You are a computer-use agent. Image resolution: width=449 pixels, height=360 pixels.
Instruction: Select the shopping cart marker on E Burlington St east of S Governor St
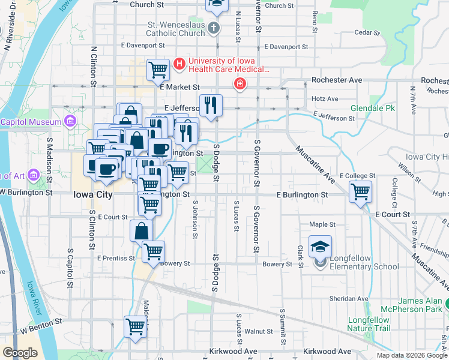coord(360,193)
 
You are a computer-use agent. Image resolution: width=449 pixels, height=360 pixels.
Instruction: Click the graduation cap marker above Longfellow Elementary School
coord(321,246)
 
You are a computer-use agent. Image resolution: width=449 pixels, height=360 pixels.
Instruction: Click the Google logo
coord(19,353)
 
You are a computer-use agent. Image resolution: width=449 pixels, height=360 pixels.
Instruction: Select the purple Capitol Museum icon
coord(70,122)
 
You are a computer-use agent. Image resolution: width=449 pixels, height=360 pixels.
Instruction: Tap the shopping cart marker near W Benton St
coord(135,327)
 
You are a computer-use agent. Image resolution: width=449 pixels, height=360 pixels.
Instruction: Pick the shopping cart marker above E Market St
coord(158,70)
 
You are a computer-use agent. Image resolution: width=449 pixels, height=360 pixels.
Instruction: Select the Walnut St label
coord(259,331)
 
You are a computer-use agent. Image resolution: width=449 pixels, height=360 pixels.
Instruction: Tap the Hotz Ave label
coord(325,98)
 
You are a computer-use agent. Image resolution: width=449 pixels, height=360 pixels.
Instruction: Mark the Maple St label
coord(322,224)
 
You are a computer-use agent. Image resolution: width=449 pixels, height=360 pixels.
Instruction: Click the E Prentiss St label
coord(116,258)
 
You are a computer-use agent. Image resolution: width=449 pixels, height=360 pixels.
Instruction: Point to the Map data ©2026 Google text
coord(411,355)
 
